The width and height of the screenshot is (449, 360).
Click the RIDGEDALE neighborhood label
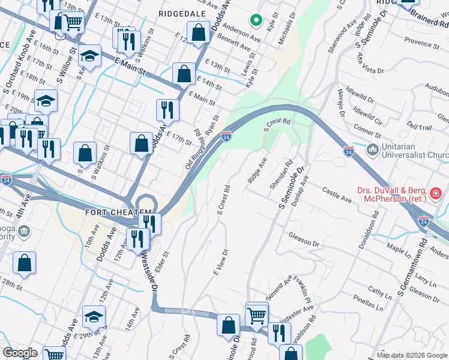pyautogui.click(x=182, y=12)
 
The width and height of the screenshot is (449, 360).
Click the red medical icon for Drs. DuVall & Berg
pyautogui.click(x=435, y=194)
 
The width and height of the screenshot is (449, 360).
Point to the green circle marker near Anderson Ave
pyautogui.click(x=256, y=21)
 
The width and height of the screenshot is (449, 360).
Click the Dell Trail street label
pyautogui.click(x=419, y=127)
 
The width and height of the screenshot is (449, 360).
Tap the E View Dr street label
pyautogui.click(x=221, y=262)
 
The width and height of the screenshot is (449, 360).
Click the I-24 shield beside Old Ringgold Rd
pyautogui.click(x=226, y=137)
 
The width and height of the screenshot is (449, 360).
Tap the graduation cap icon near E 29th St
pyautogui.click(x=94, y=316)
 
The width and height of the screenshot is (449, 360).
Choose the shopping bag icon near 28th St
pyautogui.click(x=24, y=262)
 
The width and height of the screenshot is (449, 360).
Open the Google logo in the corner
pyautogui.click(x=20, y=353)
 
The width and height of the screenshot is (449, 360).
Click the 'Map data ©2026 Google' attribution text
pyautogui.click(x=411, y=355)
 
